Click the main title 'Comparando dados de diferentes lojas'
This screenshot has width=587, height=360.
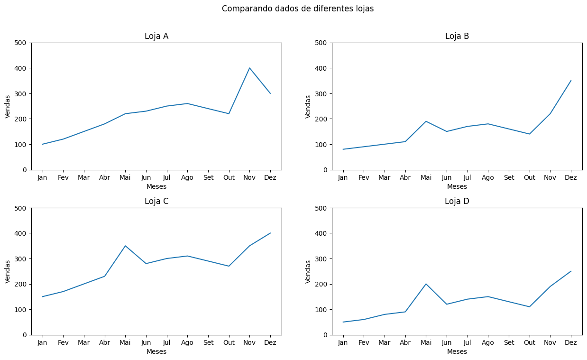(298, 9)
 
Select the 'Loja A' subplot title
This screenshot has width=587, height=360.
(156, 36)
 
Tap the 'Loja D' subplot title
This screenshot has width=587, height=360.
(457, 201)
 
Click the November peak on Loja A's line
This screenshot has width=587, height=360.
(249, 68)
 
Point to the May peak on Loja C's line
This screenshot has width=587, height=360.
(125, 246)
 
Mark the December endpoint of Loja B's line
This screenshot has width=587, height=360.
(571, 81)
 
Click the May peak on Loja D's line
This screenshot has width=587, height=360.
(426, 284)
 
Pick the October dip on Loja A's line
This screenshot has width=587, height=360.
(229, 114)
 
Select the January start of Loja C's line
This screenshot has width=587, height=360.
(43, 297)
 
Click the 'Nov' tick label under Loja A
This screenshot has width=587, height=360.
(249, 177)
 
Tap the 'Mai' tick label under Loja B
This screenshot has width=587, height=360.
(426, 177)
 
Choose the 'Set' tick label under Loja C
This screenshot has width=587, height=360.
(208, 342)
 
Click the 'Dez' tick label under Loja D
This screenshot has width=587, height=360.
(571, 342)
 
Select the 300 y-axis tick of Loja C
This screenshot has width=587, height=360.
(22, 259)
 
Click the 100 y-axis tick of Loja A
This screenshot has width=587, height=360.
(22, 144)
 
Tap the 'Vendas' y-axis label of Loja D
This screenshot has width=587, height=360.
(308, 271)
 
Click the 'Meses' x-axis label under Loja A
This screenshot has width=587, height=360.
(156, 186)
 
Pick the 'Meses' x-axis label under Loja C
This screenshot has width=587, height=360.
(156, 351)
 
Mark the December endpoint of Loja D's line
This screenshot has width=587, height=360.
(571, 271)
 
